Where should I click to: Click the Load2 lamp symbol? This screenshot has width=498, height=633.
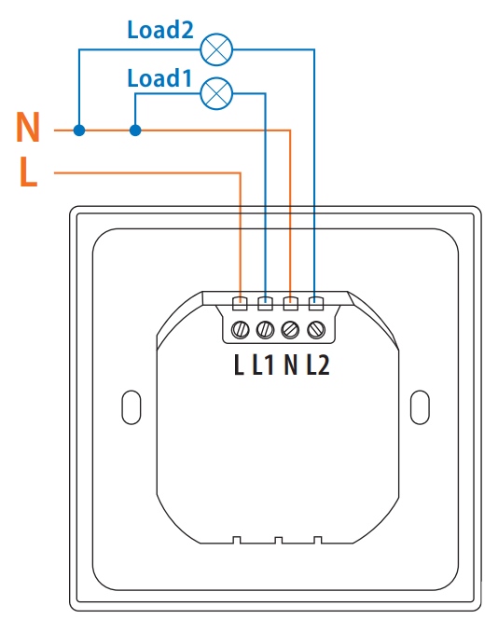216,49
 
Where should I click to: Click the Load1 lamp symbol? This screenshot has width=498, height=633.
216,93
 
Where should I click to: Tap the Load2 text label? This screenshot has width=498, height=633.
160,30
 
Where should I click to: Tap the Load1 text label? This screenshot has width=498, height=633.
159,78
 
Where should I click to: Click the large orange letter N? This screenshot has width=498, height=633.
28,127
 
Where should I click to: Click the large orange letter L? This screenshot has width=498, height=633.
28,172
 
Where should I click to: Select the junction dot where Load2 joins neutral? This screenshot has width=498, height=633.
79,130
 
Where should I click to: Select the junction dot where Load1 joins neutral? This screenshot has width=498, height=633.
135,130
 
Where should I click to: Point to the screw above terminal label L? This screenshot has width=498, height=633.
241,330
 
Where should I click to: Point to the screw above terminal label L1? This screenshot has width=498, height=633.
266,330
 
